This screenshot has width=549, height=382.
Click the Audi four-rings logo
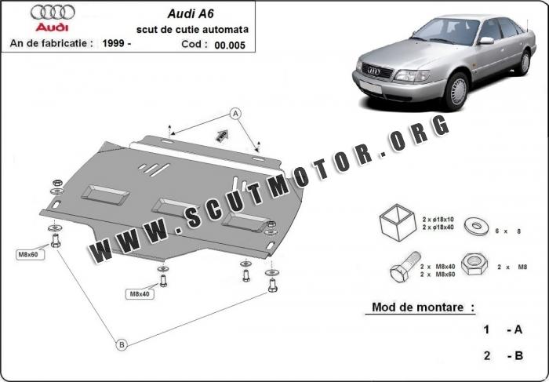click(x=53, y=12)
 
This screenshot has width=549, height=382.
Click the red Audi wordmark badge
click(x=53, y=27)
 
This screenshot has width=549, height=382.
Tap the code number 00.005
click(x=229, y=45)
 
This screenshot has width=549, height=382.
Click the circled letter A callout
click(x=236, y=114)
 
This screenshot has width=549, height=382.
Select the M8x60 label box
click(x=27, y=255)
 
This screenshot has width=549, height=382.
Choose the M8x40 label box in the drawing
click(x=140, y=294)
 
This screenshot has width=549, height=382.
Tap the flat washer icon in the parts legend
click(x=475, y=227)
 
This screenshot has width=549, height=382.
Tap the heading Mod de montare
click(x=419, y=307)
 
